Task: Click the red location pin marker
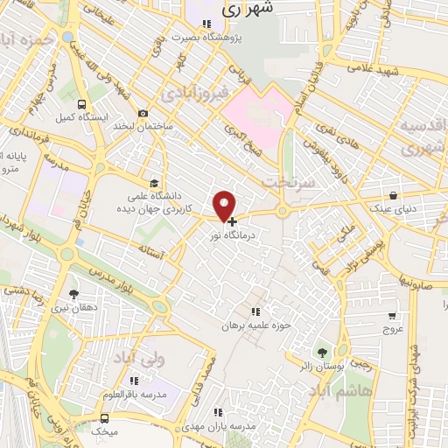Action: (x=225, y=205)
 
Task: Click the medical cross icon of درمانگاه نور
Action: (x=231, y=222)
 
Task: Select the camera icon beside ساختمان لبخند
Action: (x=143, y=114)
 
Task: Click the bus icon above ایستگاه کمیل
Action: (x=81, y=104)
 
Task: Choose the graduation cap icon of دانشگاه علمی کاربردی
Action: (x=155, y=183)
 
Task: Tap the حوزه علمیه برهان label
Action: (x=255, y=325)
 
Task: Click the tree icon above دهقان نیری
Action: (x=73, y=294)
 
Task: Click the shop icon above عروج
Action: (x=393, y=316)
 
